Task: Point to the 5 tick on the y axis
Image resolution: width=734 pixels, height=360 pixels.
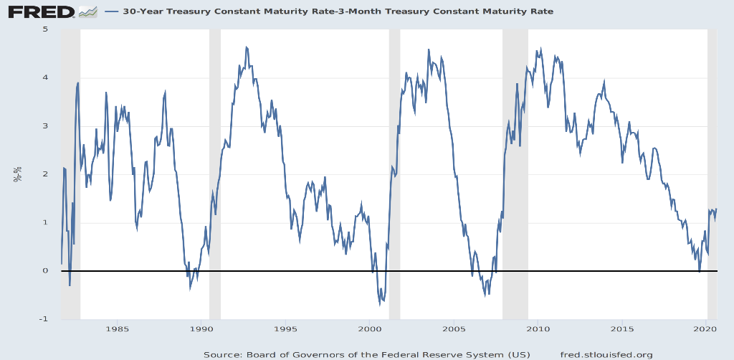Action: [x=45, y=29]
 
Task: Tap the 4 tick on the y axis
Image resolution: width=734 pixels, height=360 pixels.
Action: [x=45, y=77]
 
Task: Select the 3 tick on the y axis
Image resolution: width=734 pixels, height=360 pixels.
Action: [x=45, y=126]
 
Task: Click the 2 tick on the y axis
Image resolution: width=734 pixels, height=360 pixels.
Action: [x=45, y=174]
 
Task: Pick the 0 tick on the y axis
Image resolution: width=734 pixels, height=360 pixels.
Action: [x=45, y=271]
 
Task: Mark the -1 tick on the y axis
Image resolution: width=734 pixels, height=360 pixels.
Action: [x=44, y=319]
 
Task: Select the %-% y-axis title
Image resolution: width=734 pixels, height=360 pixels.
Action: [x=17, y=174]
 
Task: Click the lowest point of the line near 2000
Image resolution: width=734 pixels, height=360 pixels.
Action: [x=380, y=304]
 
